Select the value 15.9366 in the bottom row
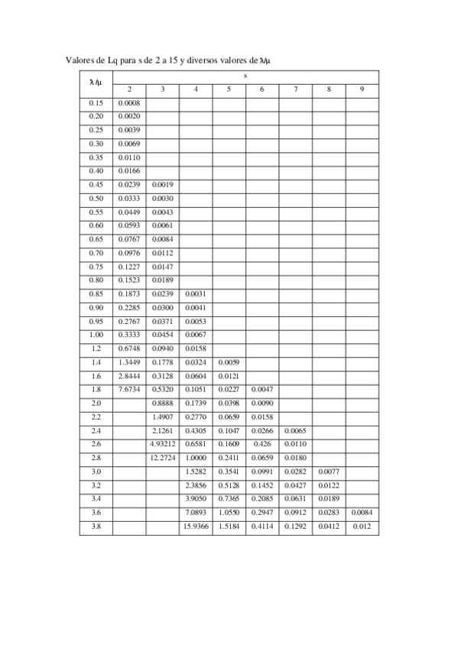197,526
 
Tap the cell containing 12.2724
162,458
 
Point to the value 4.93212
162,444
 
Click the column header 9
361,90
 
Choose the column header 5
229,90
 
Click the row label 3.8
96,526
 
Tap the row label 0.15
96,103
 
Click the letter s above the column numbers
245,76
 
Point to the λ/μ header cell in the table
96,83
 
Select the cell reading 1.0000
197,458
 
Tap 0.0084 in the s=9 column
362,513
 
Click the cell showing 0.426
261,444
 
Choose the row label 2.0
96,403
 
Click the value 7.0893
197,513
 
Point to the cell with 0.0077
328,471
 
